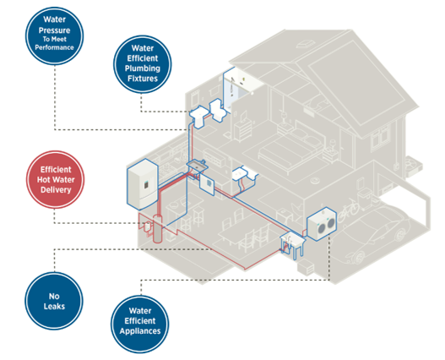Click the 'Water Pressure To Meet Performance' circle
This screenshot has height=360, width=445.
coord(55,35)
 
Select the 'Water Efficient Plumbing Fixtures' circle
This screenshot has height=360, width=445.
coord(143,64)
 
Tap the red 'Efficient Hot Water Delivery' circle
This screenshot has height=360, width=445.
coord(56,179)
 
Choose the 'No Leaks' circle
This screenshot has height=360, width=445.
coord(54,301)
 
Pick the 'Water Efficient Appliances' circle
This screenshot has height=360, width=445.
coord(140,325)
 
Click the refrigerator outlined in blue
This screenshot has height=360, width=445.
coord(143,184)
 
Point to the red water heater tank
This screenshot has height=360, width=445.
coord(158,229)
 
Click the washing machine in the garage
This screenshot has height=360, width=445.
coord(322,224)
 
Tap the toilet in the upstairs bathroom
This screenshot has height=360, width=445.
coord(218,110)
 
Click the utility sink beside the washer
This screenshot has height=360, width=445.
coord(293,244)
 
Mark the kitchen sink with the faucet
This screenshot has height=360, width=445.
coord(198,166)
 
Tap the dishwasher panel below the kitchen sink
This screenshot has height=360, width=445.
coord(207,184)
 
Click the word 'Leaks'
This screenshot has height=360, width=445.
coord(54,306)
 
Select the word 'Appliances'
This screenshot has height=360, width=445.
coord(140,331)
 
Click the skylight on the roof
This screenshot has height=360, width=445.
coord(306,43)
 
